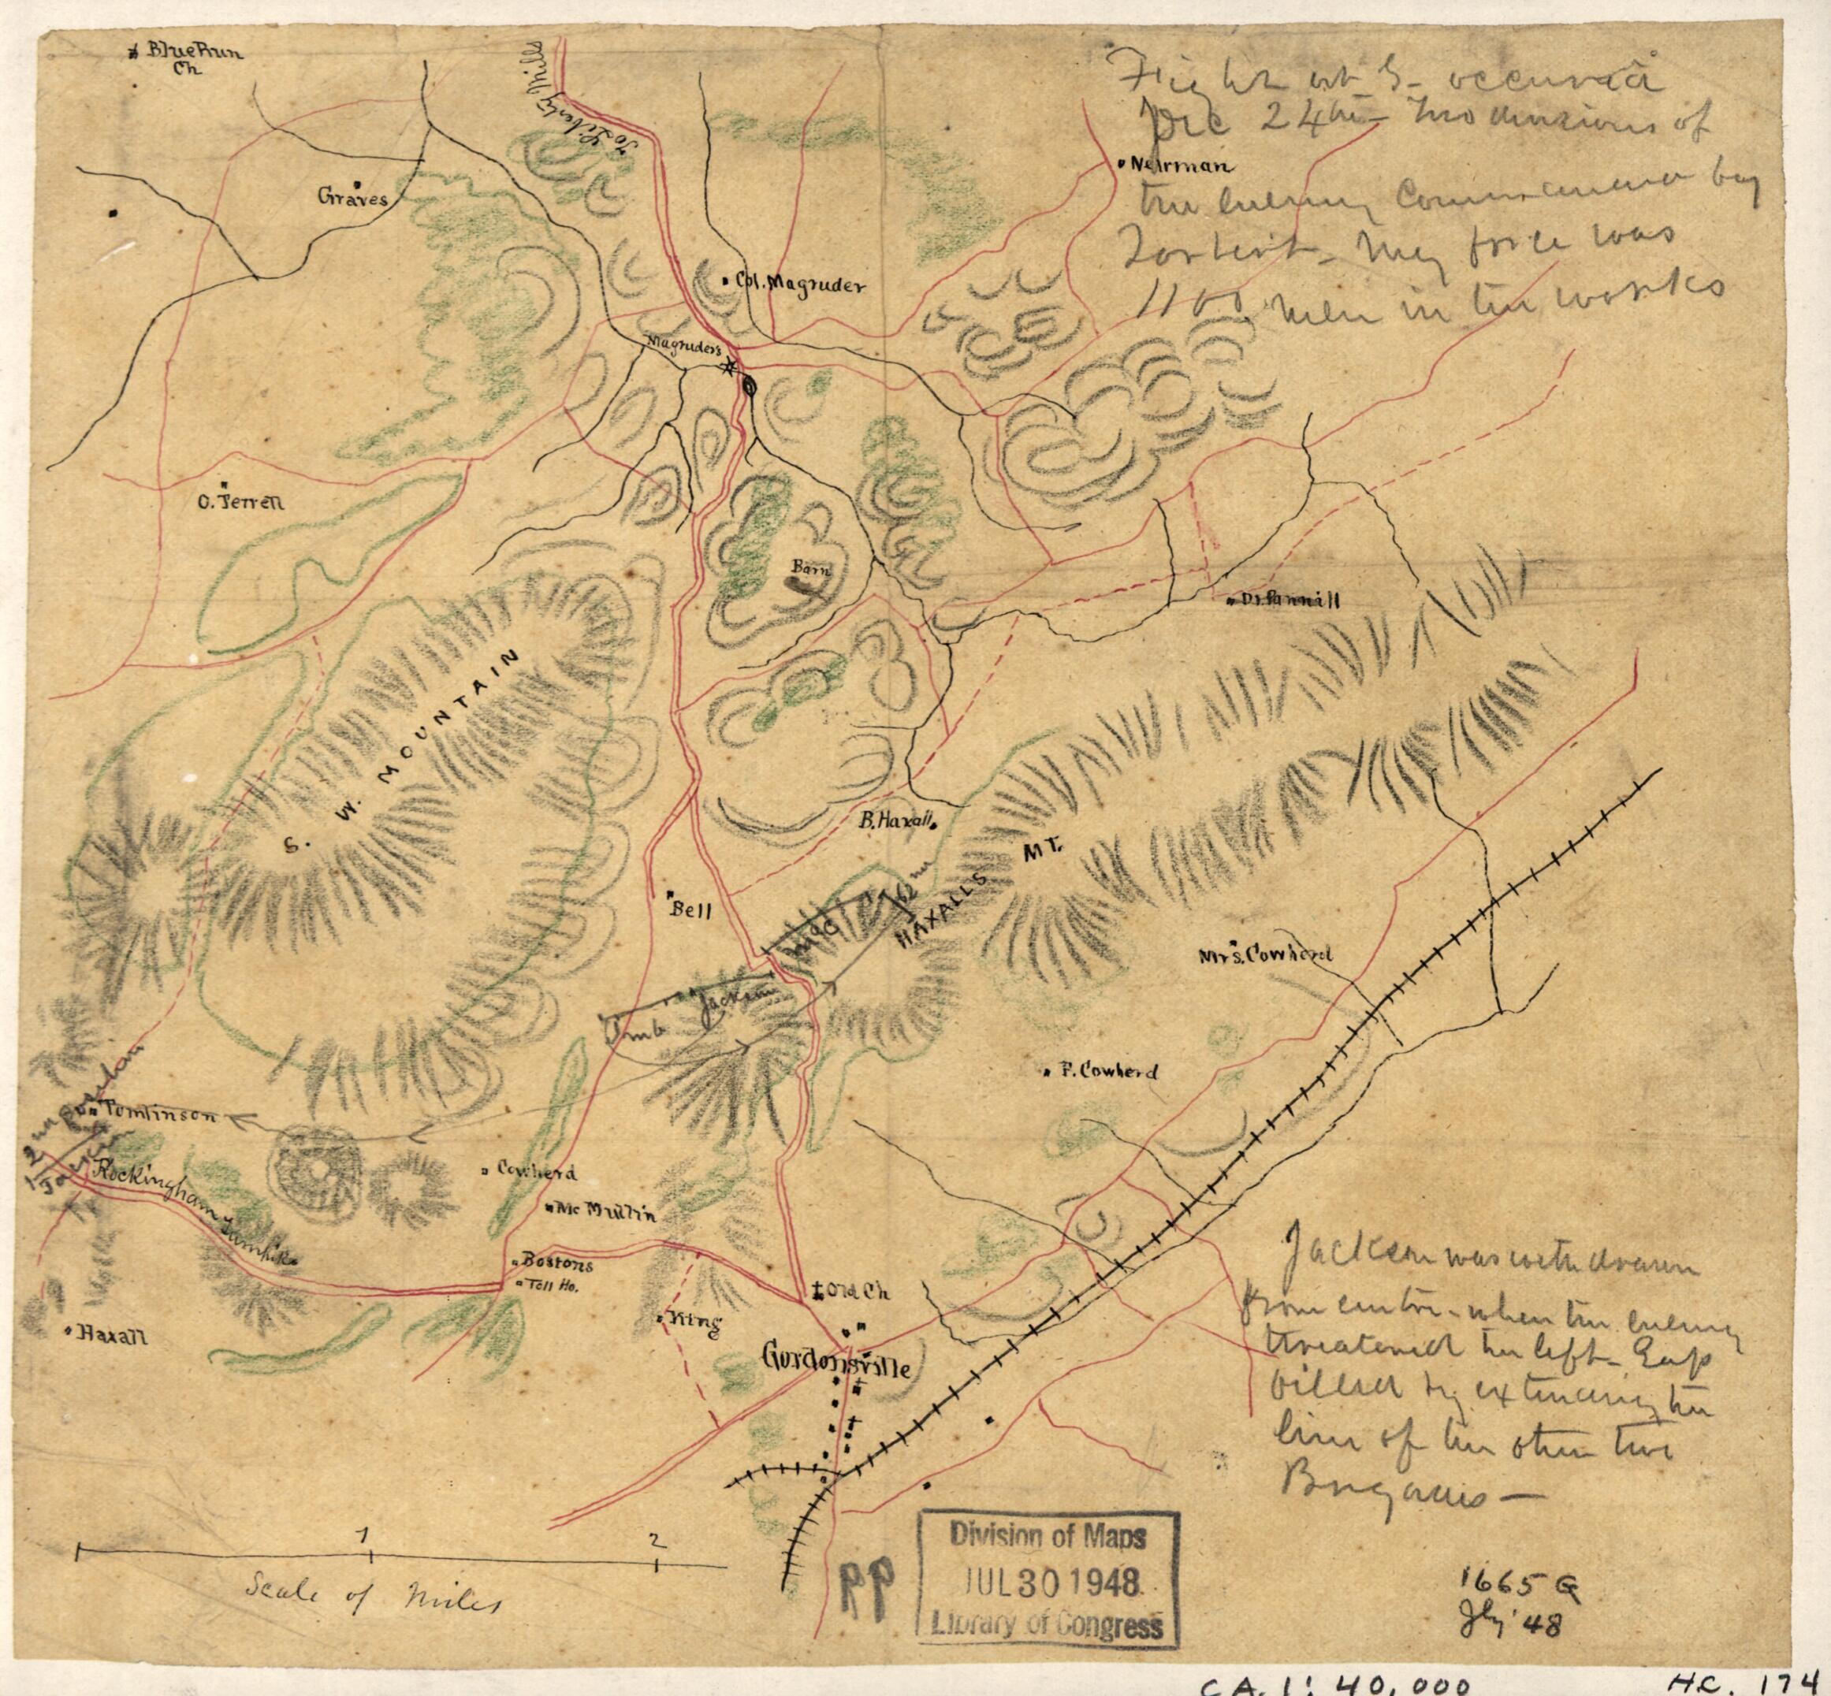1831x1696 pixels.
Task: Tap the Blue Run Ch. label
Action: (x=193, y=60)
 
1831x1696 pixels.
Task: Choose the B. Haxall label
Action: (x=895, y=822)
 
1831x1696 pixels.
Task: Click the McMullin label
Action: (x=603, y=1210)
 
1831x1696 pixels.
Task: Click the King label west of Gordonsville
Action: (x=694, y=1322)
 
